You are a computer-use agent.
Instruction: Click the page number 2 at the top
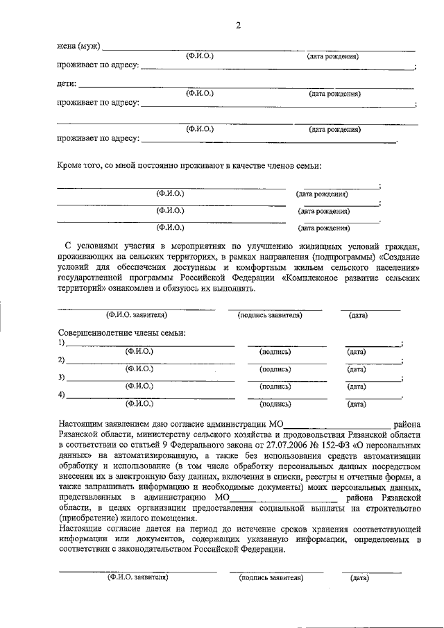coord(237,26)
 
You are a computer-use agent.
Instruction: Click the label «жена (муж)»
coord(78,46)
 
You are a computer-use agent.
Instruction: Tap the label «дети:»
coord(67,85)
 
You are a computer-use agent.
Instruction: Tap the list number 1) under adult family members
coord(61,343)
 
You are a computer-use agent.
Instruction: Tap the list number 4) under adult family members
coord(61,396)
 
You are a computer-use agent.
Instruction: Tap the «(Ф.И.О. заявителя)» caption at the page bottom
coord(137,577)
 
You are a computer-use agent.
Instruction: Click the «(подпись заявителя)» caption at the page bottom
coord(271,577)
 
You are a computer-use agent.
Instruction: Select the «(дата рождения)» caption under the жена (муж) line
coord(332,56)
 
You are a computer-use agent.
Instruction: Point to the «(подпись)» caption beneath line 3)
coord(275,386)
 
